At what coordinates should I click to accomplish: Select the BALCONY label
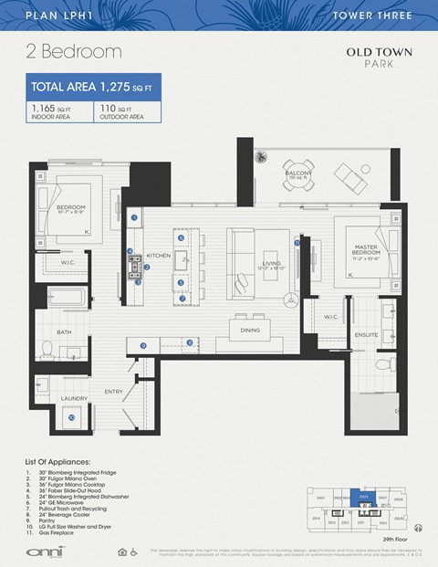click(x=297, y=171)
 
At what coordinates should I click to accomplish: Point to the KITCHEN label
click(x=158, y=256)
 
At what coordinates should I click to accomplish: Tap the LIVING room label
click(x=269, y=265)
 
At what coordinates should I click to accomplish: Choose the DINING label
click(x=250, y=331)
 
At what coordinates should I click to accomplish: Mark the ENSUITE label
click(x=367, y=334)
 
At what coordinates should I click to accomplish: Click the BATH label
click(x=64, y=332)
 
